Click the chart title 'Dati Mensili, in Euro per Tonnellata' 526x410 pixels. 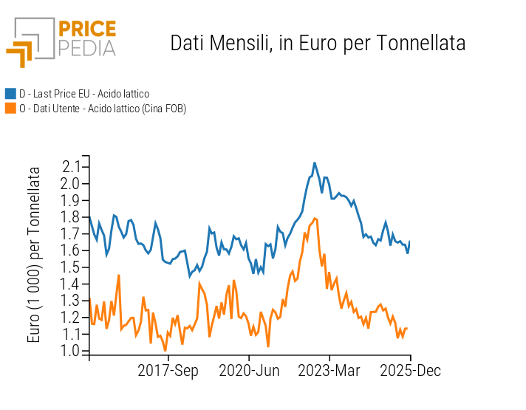point(318,43)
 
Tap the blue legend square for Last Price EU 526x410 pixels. point(10,94)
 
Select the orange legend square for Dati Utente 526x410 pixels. point(10,109)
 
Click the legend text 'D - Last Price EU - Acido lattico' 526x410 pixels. point(84,94)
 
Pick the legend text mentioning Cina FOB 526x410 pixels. point(103,109)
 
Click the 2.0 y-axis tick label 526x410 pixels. point(72,183)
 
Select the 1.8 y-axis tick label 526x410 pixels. point(72,217)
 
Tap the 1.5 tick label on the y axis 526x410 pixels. point(72,267)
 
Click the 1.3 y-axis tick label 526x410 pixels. point(72,301)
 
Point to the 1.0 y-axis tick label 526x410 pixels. point(72,351)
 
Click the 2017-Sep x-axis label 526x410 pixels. point(168,371)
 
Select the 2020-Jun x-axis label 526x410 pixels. point(249,371)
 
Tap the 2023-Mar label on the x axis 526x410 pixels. point(329,371)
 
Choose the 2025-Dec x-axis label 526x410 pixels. point(409,371)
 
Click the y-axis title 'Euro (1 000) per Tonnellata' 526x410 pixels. point(35,255)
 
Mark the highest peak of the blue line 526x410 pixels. point(315,163)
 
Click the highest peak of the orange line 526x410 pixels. point(315,218)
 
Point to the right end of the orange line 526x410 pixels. point(407,328)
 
